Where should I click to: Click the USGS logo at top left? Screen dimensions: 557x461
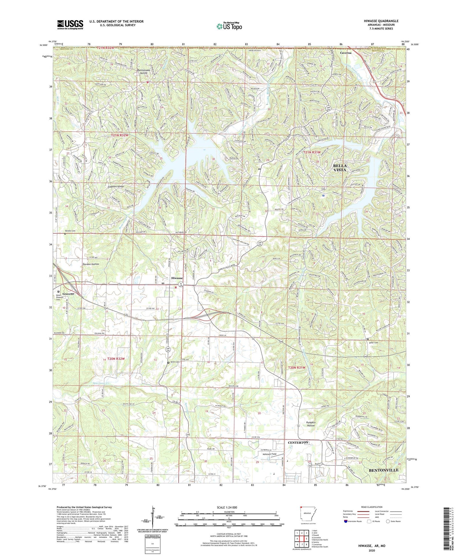click(70, 24)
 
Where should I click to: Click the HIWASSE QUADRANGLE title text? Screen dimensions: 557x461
click(381, 21)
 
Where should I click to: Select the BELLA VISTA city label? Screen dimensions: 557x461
click(340, 168)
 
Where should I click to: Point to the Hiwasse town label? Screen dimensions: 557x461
click(177, 278)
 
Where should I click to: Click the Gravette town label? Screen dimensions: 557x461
click(69, 293)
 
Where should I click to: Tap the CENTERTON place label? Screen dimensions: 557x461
click(298, 443)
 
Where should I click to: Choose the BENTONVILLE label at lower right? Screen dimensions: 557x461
click(384, 470)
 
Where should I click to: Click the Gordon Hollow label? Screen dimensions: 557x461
click(91, 264)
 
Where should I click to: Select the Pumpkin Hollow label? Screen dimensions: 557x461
click(311, 424)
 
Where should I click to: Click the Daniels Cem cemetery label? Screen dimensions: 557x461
click(70, 231)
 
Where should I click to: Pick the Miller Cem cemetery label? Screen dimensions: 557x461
click(373, 343)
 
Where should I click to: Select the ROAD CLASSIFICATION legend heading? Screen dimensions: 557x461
click(372, 507)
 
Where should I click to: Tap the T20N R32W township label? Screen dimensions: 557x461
click(115, 359)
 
